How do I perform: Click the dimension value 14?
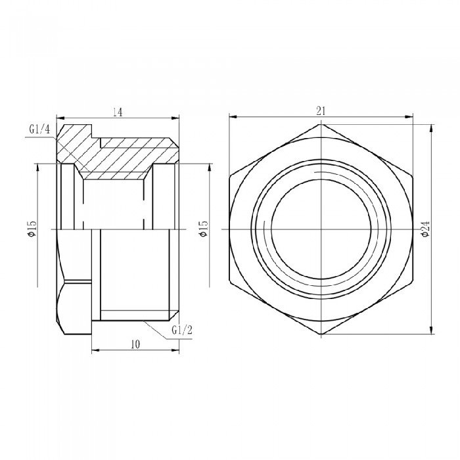coord(118,112)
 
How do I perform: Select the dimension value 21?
coord(321,111)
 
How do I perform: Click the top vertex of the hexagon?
coord(321,124)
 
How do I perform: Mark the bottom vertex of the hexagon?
coord(321,334)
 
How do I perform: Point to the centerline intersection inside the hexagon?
coord(321,229)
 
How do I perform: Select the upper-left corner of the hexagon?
coord(230,176)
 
